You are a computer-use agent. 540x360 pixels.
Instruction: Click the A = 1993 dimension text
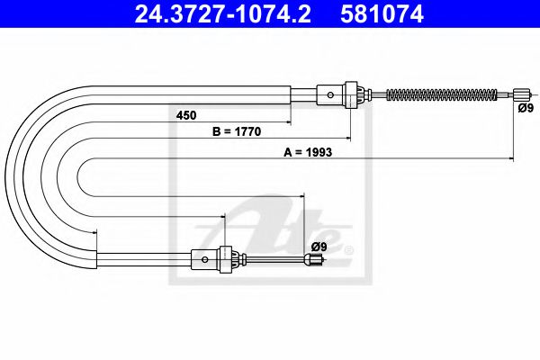309,153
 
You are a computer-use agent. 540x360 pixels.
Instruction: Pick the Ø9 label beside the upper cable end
526,108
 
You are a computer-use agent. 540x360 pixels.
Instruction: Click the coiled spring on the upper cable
441,94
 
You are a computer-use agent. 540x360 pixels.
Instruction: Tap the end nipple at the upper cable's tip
521,94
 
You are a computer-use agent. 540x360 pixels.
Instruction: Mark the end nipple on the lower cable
314,262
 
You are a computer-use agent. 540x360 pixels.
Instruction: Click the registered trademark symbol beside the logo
349,249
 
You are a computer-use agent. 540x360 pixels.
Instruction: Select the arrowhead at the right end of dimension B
348,139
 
